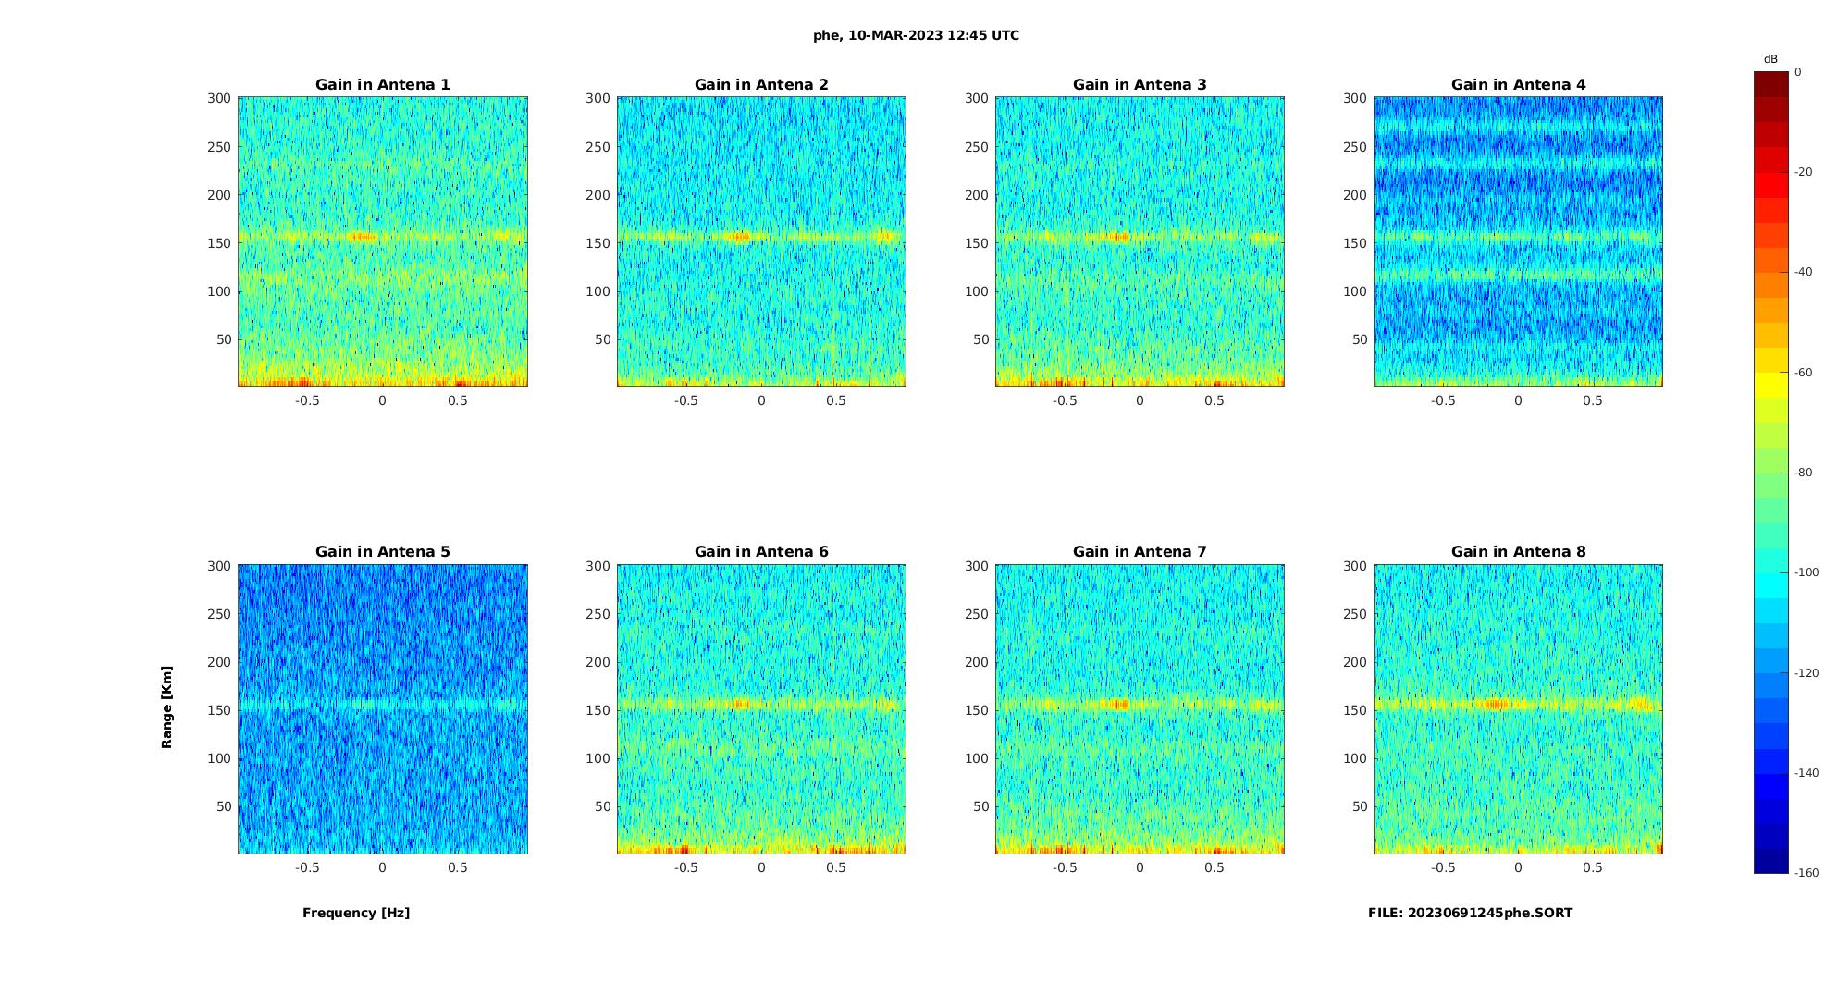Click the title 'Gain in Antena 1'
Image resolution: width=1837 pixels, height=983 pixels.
[382, 84]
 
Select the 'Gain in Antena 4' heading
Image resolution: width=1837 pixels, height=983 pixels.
[1518, 84]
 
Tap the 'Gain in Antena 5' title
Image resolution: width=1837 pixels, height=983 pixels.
[382, 551]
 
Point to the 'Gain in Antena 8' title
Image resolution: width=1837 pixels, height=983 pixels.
[1518, 551]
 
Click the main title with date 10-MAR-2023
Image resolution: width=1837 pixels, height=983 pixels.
[916, 35]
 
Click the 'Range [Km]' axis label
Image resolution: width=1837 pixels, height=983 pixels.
[166, 707]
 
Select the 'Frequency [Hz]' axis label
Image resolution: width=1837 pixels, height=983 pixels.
[356, 913]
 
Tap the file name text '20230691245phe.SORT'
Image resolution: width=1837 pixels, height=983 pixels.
[1489, 913]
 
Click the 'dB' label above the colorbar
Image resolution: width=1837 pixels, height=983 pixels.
[1770, 59]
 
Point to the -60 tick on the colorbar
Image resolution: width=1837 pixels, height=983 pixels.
[1804, 373]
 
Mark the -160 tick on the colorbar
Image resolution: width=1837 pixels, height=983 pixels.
[1806, 873]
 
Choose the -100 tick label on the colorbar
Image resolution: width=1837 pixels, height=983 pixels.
[1806, 572]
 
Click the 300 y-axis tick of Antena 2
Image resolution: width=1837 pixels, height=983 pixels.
[598, 98]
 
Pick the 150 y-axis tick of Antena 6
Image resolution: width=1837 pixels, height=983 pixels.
[598, 710]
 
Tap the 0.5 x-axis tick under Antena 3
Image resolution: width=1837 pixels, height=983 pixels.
[1214, 400]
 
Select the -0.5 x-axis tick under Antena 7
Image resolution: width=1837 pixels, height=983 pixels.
[1064, 867]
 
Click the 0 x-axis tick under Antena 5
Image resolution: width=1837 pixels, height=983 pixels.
[382, 867]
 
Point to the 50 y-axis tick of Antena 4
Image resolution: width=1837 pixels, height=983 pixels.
[1359, 339]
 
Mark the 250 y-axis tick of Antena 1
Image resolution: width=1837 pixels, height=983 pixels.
[219, 146]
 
